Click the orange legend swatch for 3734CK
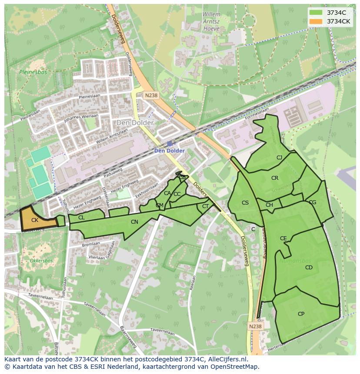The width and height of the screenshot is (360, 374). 317,21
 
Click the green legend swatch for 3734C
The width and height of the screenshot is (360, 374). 317,13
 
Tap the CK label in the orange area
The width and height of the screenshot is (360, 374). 35,220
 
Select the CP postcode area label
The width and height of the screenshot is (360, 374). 301,314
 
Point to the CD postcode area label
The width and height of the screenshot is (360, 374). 309,268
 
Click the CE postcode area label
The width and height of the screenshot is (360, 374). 283,238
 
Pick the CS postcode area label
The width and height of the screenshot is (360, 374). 245,203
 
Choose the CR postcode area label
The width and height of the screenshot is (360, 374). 275,178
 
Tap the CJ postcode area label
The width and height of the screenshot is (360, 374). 279,158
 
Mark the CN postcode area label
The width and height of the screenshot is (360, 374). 134,222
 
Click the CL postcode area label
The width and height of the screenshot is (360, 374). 81,218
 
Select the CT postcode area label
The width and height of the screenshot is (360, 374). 205,206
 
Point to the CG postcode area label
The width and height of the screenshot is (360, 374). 312,202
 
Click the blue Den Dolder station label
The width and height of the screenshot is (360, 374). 170,151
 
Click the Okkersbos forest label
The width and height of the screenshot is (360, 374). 41,261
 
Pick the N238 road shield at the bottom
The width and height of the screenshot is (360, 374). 256,326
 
